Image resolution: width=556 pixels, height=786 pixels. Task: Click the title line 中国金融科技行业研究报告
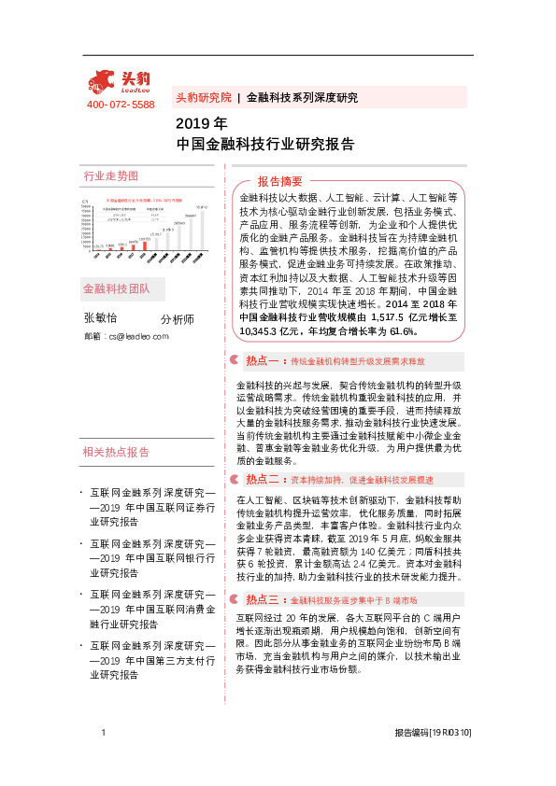(x=264, y=144)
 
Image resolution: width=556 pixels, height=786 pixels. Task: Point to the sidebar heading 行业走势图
(x=111, y=175)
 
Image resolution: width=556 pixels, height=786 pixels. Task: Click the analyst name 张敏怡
(x=102, y=318)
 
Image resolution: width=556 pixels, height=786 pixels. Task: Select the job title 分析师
(x=177, y=320)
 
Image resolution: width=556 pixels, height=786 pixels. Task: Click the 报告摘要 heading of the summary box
(x=280, y=181)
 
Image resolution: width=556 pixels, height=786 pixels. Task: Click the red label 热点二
(x=259, y=480)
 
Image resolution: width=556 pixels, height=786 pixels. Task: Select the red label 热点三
(x=259, y=574)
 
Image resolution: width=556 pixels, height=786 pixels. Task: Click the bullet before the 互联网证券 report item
(x=84, y=491)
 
